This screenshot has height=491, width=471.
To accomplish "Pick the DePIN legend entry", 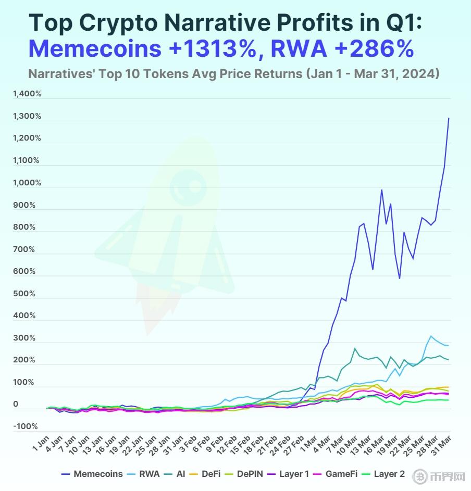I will (249, 474).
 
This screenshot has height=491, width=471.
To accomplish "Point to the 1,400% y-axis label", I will (27, 94).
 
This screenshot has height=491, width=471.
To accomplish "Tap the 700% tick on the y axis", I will (24, 249).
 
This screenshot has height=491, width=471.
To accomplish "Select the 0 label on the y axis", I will (16, 405).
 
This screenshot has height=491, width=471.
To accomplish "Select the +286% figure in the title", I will (371, 49).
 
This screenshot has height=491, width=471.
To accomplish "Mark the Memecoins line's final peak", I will (449, 118).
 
